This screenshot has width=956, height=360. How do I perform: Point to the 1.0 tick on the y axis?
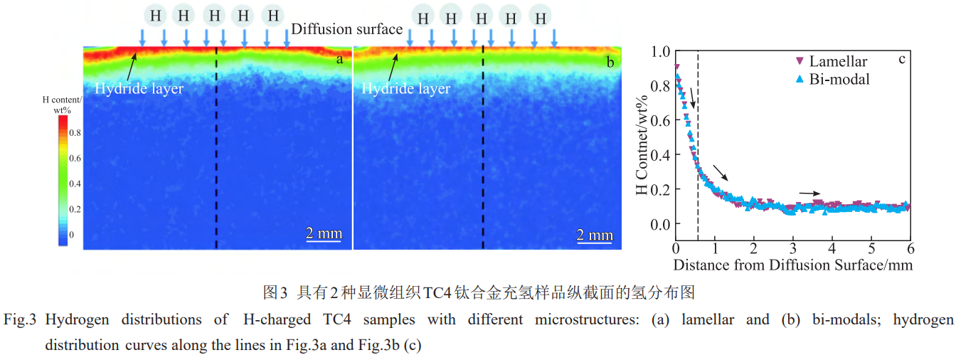click(x=661, y=51)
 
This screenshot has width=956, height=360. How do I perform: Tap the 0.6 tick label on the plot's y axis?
click(x=661, y=120)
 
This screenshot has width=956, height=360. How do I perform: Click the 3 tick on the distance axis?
click(x=792, y=249)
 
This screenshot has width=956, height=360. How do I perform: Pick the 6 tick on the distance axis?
click(x=910, y=249)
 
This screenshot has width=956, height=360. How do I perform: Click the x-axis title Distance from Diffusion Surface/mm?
click(x=792, y=265)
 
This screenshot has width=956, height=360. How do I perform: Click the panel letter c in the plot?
click(x=901, y=58)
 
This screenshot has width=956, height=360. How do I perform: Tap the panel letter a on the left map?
click(x=339, y=59)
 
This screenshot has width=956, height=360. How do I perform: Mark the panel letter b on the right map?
click(x=610, y=62)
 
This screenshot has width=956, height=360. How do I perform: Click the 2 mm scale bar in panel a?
click(x=324, y=235)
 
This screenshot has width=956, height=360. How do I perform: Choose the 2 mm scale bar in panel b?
click(x=595, y=235)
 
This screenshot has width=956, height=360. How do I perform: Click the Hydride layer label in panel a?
click(x=139, y=89)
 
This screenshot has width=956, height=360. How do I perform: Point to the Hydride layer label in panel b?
click(x=405, y=89)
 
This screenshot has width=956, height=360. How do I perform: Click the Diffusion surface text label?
click(x=347, y=29)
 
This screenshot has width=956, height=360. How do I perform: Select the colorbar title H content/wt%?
click(x=63, y=105)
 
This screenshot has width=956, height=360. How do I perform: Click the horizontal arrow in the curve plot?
click(x=809, y=193)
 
